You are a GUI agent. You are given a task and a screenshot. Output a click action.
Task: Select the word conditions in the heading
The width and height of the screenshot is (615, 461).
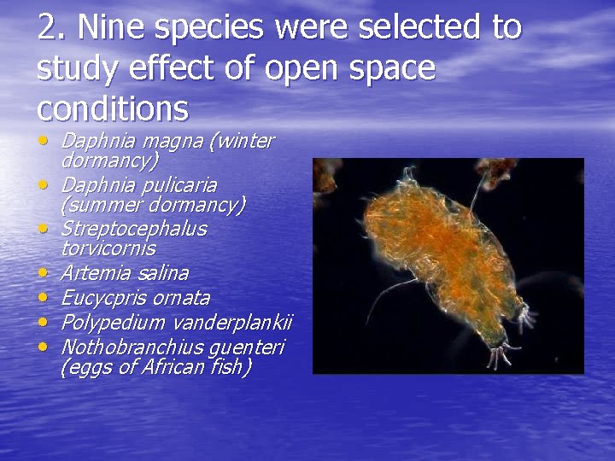tap(113, 108)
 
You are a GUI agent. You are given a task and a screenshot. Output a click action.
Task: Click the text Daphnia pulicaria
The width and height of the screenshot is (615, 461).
tap(138, 185)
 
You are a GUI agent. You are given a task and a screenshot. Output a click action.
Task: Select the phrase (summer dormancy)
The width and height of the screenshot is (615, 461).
tap(152, 205)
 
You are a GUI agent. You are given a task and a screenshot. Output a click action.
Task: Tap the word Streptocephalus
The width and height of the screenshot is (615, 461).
tap(133, 230)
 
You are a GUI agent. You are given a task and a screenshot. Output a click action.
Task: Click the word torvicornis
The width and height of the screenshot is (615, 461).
tap(108, 248)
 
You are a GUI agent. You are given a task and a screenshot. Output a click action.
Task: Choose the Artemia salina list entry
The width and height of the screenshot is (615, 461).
tap(124, 273)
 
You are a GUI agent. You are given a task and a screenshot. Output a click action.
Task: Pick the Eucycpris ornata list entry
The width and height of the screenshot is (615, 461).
tap(135, 298)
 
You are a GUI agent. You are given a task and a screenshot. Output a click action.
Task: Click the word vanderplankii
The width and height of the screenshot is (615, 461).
tap(232, 323)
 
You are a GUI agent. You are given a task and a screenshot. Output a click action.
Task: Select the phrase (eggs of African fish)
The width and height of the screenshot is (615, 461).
tap(155, 367)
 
